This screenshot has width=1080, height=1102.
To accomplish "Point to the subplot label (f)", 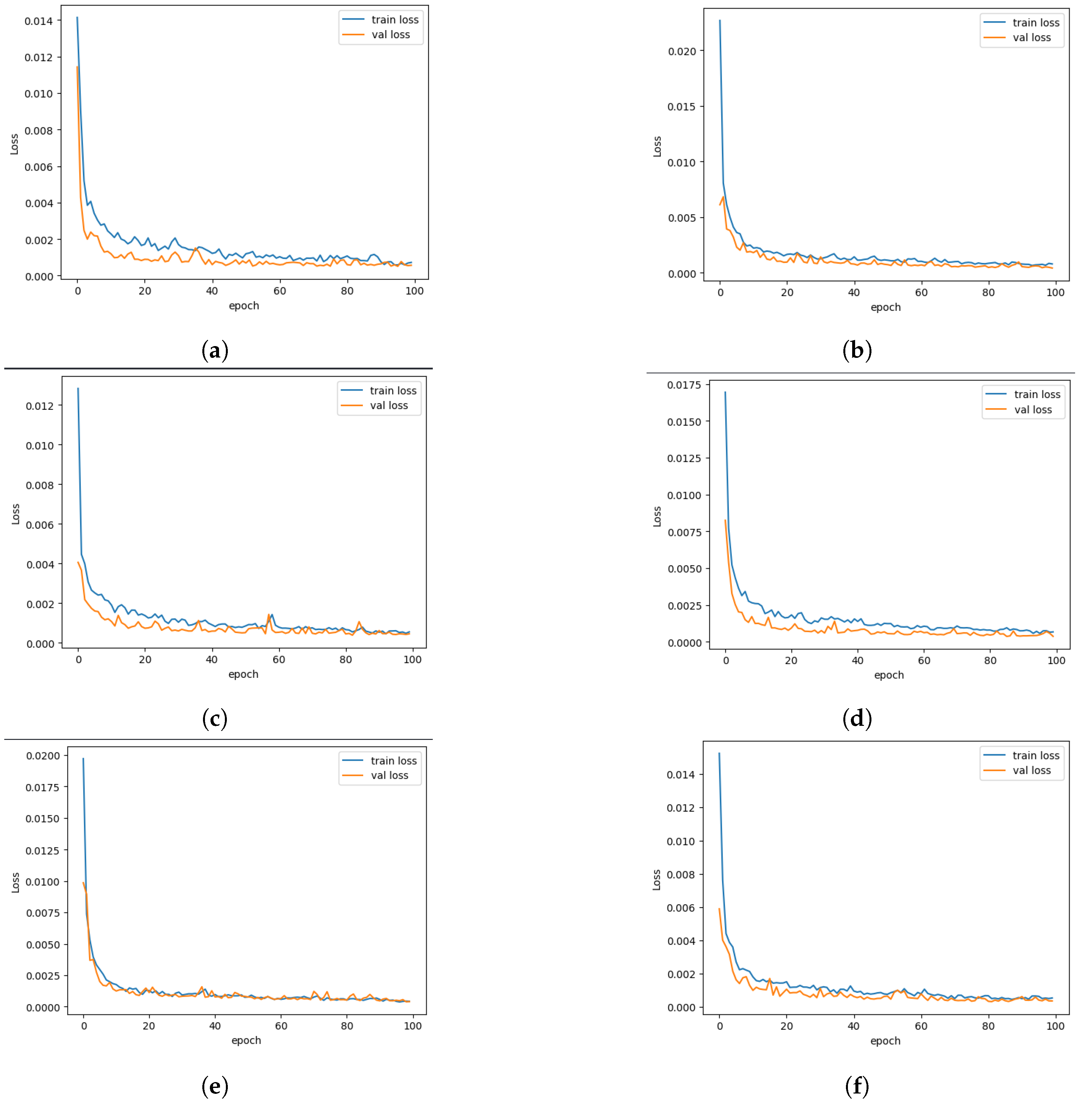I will pyautogui.click(x=856, y=1086).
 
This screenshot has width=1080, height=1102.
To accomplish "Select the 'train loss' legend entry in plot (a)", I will pyautogui.click(x=394, y=20).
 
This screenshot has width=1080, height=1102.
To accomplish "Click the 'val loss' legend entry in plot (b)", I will pyautogui.click(x=1031, y=38).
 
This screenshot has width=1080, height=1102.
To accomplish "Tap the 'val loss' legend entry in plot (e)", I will pyautogui.click(x=389, y=775).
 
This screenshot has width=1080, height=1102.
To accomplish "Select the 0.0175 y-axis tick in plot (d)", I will pyautogui.click(x=683, y=385).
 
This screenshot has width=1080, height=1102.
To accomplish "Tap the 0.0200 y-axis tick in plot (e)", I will pyautogui.click(x=42, y=756).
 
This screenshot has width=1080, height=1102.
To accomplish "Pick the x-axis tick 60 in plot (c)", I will pyautogui.click(x=278, y=660).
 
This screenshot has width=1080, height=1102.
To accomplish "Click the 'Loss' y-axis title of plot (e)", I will pyautogui.click(x=15, y=882).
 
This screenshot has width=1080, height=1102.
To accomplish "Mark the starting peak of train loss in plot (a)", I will pyautogui.click(x=77, y=18).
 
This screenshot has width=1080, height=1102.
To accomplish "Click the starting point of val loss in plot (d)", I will pyautogui.click(x=725, y=520).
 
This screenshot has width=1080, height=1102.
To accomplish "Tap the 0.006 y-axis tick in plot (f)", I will pyautogui.click(x=681, y=908).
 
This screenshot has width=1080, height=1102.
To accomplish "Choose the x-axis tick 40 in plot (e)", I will pyautogui.click(x=215, y=1026).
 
